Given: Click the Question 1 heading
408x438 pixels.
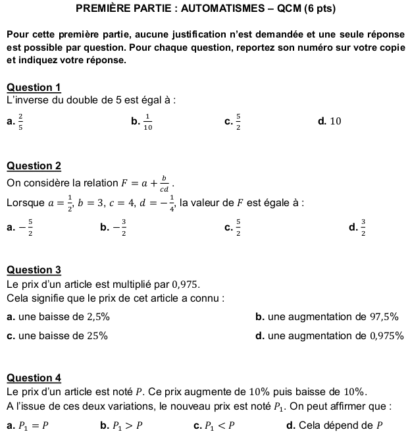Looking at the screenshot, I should (x=34, y=88).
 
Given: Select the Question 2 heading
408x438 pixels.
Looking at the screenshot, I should (x=34, y=166).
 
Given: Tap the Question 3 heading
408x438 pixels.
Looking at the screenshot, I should (x=34, y=269).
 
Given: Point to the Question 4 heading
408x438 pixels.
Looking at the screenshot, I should (x=34, y=377).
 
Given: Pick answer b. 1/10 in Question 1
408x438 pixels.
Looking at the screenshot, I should (x=141, y=121).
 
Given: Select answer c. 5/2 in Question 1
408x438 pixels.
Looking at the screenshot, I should (x=233, y=121).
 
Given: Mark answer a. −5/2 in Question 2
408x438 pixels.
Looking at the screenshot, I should (x=21, y=228).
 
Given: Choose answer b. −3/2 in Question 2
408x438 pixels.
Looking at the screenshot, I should (x=113, y=228).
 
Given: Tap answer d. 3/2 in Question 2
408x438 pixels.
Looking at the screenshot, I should (x=358, y=228).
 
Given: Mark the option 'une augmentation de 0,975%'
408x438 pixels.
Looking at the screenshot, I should (x=329, y=335).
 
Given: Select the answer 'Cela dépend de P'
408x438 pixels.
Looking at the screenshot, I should (x=335, y=425).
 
